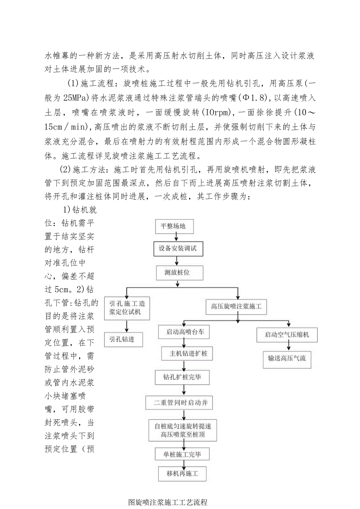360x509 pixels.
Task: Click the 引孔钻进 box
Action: (123, 339)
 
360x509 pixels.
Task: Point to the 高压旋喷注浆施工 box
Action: (236, 307)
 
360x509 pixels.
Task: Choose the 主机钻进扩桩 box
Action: (185, 354)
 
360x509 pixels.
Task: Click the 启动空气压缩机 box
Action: (287, 335)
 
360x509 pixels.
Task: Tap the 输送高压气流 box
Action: (287, 358)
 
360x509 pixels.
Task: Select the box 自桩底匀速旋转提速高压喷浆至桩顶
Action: (183, 430)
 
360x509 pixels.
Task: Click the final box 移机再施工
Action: (182, 474)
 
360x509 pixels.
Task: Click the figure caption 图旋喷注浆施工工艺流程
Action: (167, 502)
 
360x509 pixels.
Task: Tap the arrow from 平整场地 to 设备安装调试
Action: (177, 237)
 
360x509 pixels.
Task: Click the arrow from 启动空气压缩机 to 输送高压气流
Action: (288, 346)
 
